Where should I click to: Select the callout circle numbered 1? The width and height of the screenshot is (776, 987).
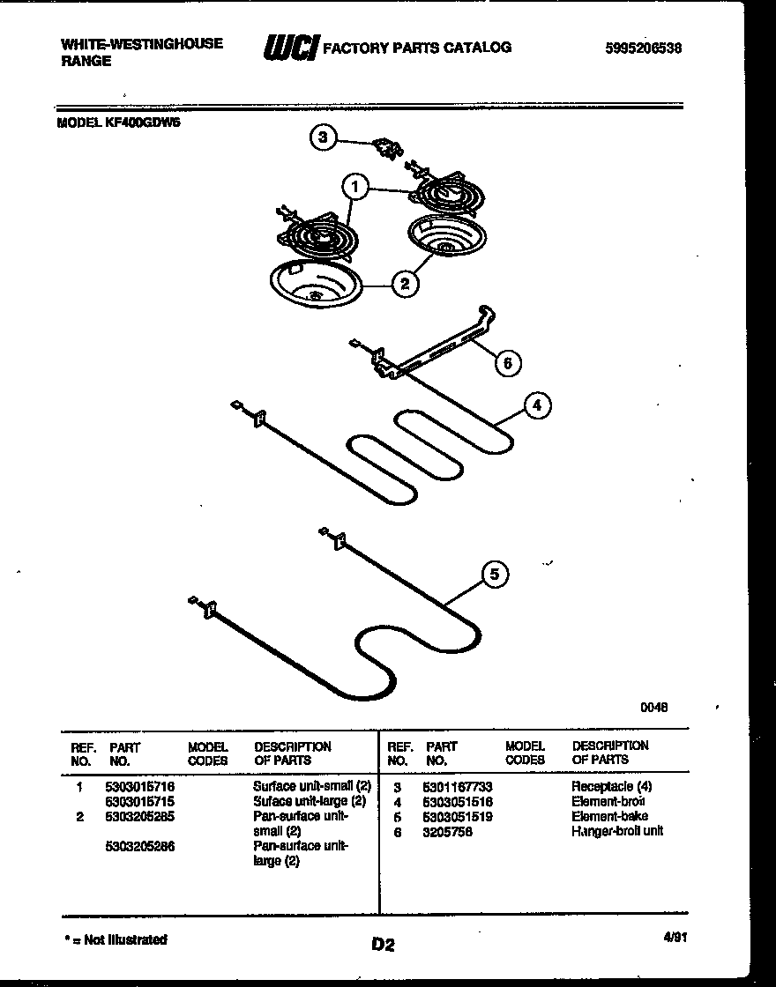(x=354, y=187)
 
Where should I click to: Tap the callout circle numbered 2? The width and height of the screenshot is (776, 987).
(x=404, y=283)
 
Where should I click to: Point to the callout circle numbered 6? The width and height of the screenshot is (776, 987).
(x=507, y=361)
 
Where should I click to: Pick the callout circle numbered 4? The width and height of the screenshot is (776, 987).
(x=537, y=405)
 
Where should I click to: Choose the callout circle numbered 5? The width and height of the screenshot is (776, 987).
(x=494, y=575)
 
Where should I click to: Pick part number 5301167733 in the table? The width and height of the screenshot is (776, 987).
(x=457, y=786)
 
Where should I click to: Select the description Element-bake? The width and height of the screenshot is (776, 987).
(x=609, y=817)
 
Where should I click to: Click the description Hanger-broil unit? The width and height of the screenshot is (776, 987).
(x=616, y=831)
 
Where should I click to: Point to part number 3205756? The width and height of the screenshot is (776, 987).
(x=447, y=832)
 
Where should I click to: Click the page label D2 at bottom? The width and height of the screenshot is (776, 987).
(x=382, y=945)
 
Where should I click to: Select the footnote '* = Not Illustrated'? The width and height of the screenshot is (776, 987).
(x=116, y=939)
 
